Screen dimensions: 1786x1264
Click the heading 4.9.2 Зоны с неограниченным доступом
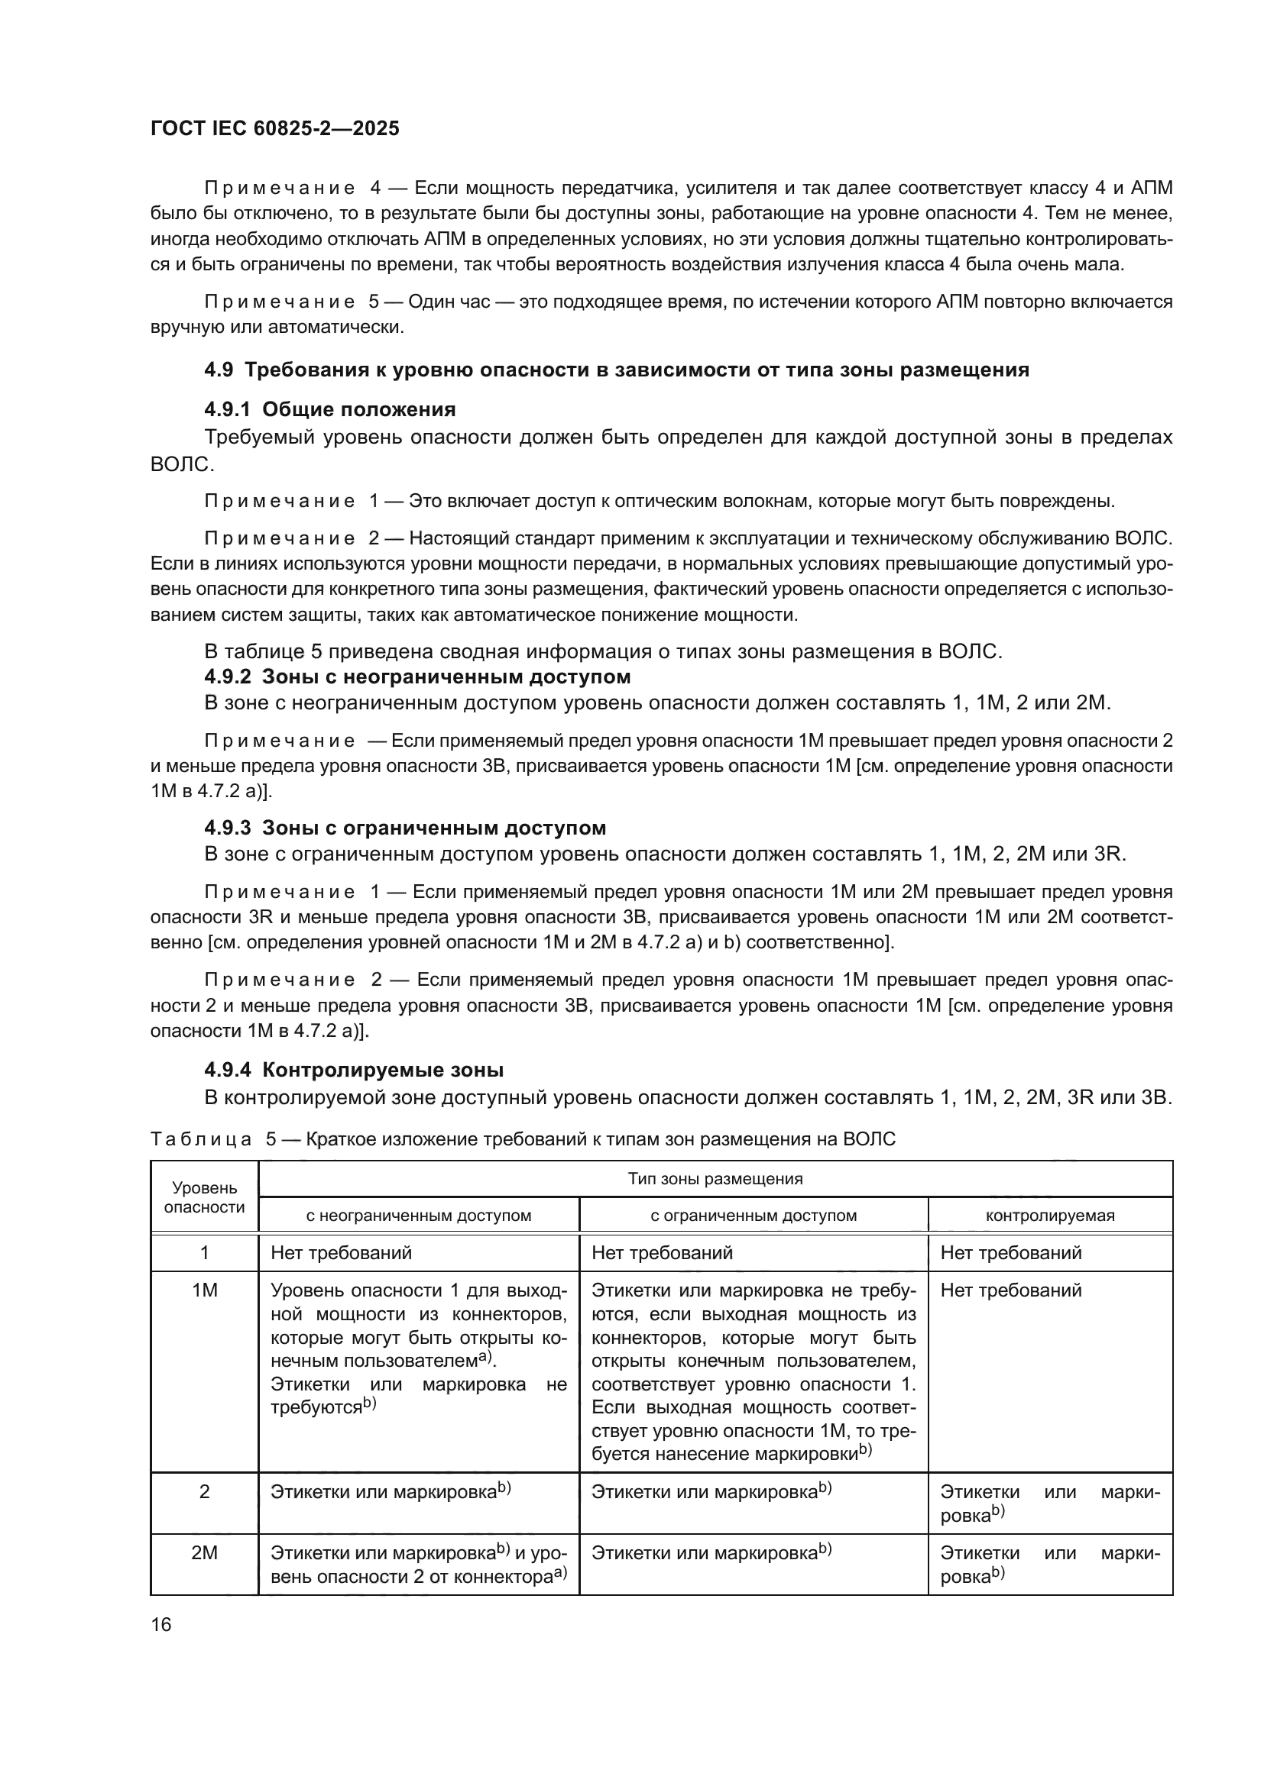coord(417,677)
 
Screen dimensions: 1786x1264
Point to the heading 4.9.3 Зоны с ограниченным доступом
coord(405,828)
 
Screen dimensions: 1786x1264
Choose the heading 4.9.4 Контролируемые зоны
coord(354,1071)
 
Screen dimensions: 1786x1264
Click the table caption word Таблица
coord(201,1139)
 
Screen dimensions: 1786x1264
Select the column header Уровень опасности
coord(205,1198)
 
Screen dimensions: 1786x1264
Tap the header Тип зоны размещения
coord(715,1178)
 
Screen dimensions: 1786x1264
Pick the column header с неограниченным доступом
coord(419,1215)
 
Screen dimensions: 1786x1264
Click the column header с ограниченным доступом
coord(754,1215)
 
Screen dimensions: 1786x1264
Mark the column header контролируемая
coord(1050,1215)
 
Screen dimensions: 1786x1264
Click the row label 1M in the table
coord(205,1291)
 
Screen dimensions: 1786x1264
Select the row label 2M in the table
coord(205,1553)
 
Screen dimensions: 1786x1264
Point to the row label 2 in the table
coord(205,1492)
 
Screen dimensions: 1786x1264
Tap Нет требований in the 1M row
coord(1011,1291)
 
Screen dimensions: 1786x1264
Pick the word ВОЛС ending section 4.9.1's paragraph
coord(181,464)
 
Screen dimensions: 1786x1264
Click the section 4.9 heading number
coord(219,370)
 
